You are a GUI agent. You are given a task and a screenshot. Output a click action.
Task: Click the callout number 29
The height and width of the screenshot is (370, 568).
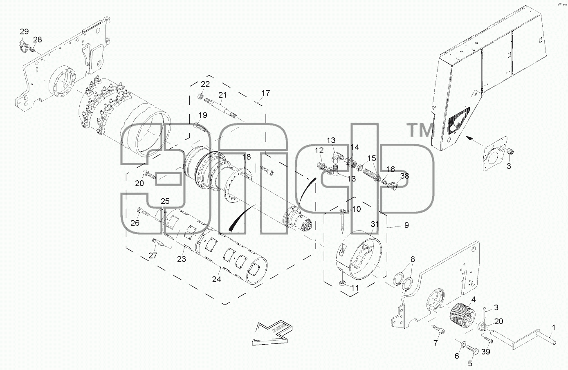25,32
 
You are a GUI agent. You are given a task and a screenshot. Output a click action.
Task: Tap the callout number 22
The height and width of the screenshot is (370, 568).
205,84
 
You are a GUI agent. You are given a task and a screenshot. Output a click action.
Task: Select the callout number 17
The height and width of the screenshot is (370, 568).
266,93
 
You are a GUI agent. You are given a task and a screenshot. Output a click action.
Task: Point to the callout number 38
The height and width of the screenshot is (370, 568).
405,176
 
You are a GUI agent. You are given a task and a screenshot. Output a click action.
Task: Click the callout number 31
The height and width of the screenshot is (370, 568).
375,224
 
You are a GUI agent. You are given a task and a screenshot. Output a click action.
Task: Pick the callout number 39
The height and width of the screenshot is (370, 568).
485,352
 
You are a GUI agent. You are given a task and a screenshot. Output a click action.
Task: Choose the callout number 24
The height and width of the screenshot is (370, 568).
217,279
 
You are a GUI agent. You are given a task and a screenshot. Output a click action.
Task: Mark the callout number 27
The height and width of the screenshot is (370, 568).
153,256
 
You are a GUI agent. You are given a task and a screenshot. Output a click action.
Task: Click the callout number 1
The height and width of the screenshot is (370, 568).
554,327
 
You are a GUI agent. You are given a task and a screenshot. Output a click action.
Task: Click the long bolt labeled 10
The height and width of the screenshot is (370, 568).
342,220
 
